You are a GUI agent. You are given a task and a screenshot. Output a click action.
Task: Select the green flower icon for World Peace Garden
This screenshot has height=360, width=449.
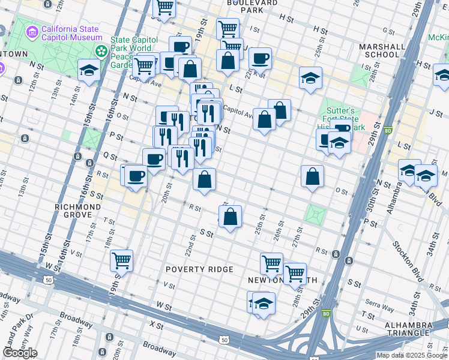click(x=102, y=49)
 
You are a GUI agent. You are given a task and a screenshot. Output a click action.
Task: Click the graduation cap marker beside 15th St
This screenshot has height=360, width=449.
click(x=89, y=71)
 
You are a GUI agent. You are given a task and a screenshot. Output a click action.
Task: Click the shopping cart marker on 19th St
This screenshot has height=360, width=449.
click(x=122, y=261)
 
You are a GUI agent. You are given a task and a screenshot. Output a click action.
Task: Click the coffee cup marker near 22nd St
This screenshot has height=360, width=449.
click(x=261, y=59)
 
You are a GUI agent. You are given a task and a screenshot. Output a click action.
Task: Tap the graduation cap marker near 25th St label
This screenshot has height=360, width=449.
click(x=310, y=78)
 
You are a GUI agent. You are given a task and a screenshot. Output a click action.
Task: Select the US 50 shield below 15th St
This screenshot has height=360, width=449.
click(x=48, y=280)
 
